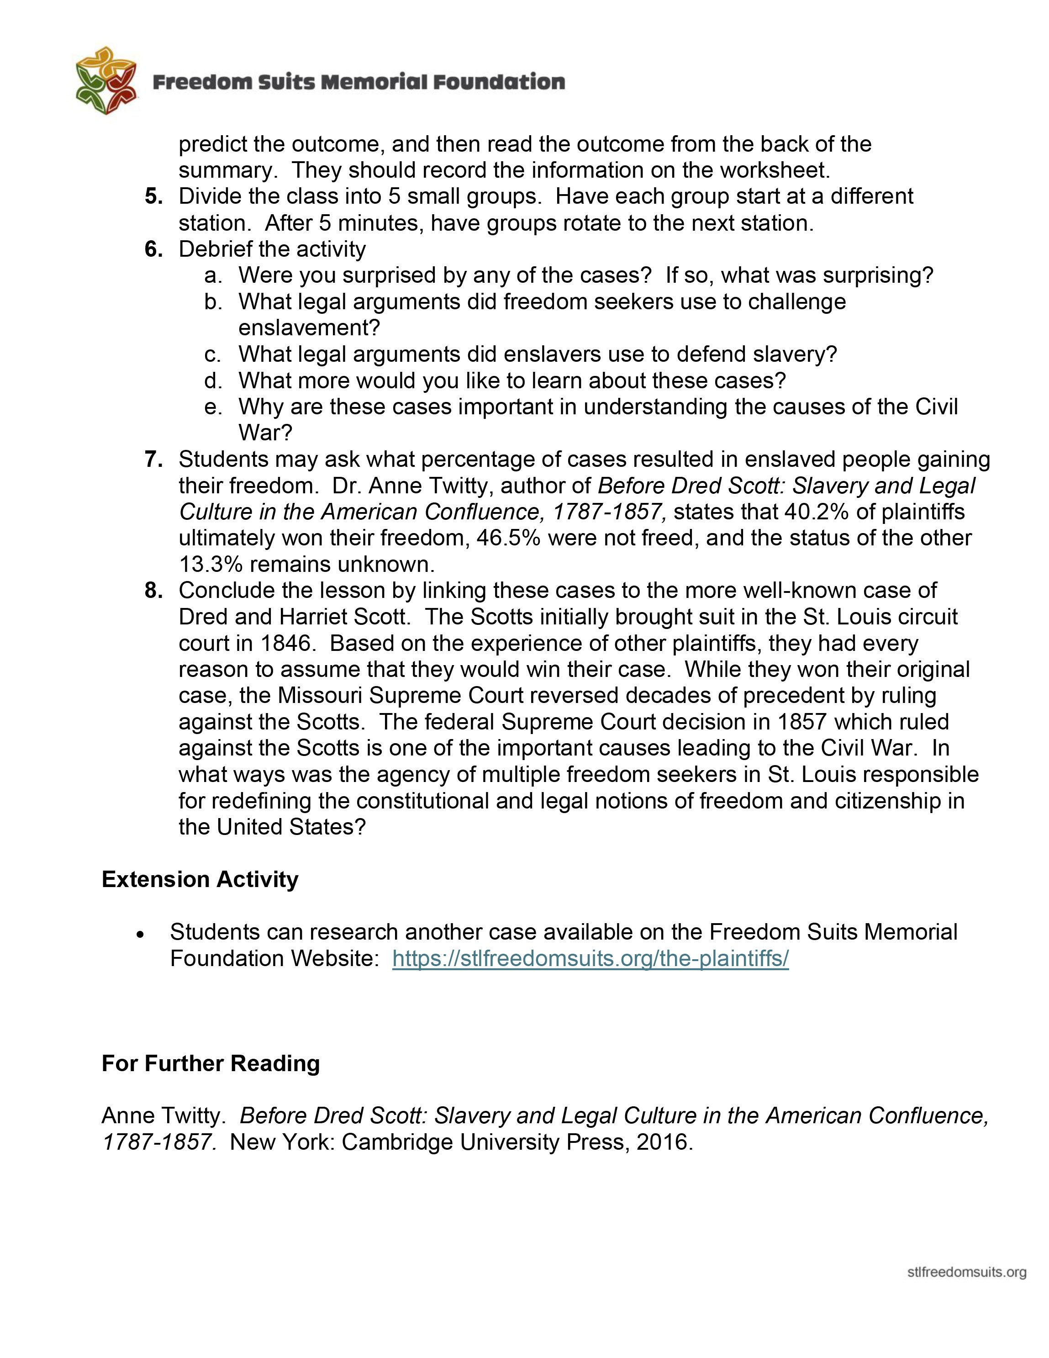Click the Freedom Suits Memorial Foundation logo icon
tap(105, 81)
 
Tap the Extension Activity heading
tap(200, 879)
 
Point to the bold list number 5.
tap(153, 196)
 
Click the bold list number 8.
tap(153, 590)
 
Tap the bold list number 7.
tap(153, 460)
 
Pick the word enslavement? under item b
tap(308, 328)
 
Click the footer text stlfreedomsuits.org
tap(966, 1272)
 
